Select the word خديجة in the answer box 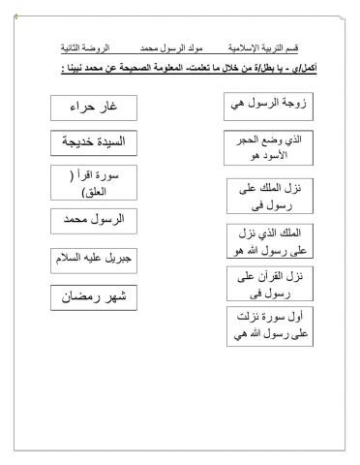coord(81,142)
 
